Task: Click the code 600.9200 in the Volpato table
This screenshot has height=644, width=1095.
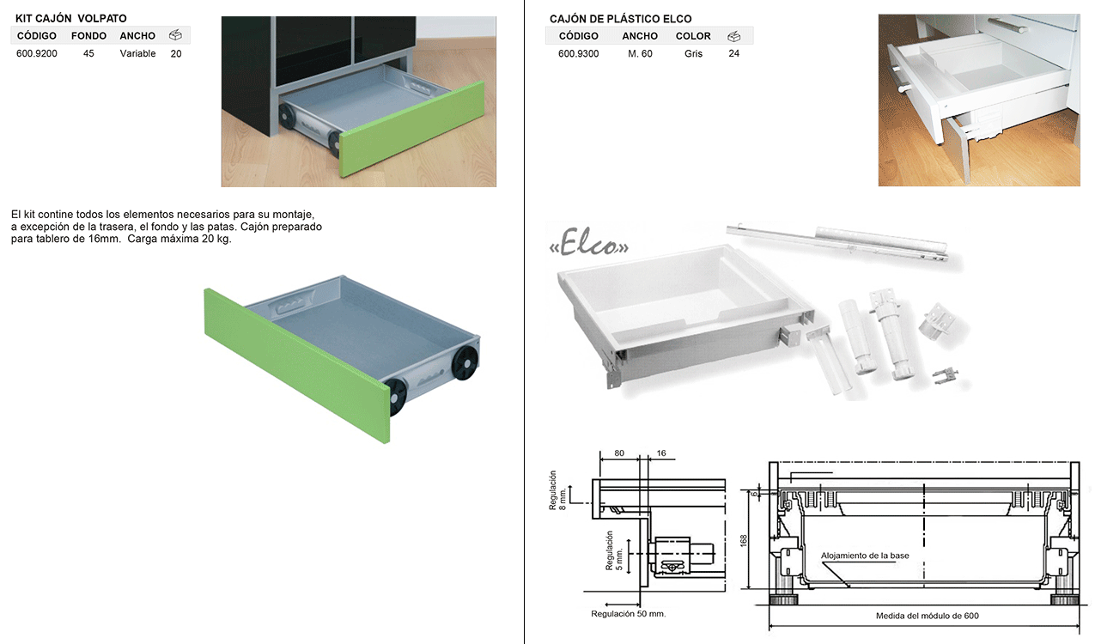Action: pyautogui.click(x=37, y=54)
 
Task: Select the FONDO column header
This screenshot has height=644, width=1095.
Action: pyautogui.click(x=88, y=36)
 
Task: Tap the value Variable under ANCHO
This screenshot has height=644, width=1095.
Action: pyautogui.click(x=138, y=54)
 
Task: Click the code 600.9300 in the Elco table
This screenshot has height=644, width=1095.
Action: pyautogui.click(x=578, y=54)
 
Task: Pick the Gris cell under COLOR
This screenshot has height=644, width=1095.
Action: pyautogui.click(x=693, y=54)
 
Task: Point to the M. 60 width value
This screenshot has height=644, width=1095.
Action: pyautogui.click(x=640, y=54)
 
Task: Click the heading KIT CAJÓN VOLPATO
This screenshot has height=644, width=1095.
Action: pyautogui.click(x=71, y=19)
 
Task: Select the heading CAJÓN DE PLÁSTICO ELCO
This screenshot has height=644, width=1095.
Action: pyautogui.click(x=620, y=19)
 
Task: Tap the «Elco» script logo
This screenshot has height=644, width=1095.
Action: pyautogui.click(x=589, y=245)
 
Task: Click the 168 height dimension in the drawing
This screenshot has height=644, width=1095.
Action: pyautogui.click(x=743, y=540)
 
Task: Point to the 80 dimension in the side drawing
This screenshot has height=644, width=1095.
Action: pyautogui.click(x=619, y=453)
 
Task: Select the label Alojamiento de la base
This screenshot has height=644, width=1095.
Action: pyautogui.click(x=865, y=556)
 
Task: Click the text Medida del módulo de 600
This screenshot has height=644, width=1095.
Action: pyautogui.click(x=927, y=616)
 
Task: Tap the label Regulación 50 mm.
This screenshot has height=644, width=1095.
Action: pyautogui.click(x=628, y=614)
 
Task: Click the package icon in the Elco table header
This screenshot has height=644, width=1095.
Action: pyautogui.click(x=733, y=36)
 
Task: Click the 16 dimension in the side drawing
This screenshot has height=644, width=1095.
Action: pyautogui.click(x=661, y=453)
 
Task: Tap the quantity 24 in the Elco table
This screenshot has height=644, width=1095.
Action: pyautogui.click(x=733, y=54)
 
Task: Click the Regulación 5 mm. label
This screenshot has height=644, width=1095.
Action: pyautogui.click(x=614, y=550)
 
